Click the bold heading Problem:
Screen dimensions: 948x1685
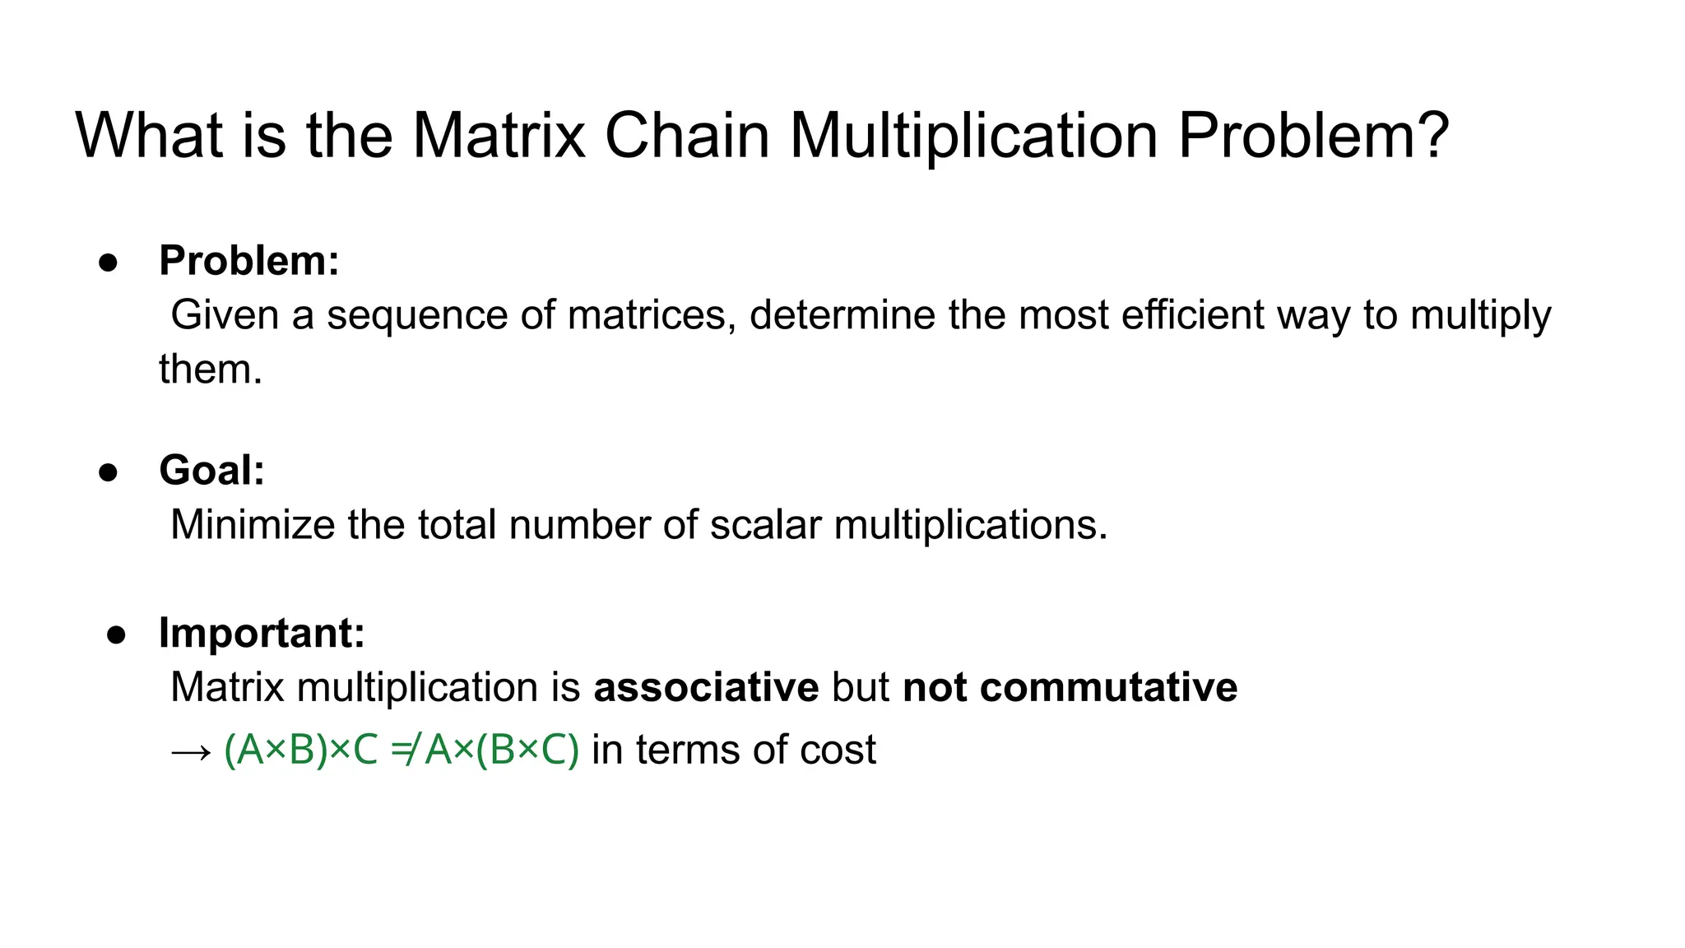248,261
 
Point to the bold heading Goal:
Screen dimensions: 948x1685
211,471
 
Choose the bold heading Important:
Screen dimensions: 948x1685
262,633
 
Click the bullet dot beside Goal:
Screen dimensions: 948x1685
108,472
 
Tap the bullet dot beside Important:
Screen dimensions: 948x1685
116,634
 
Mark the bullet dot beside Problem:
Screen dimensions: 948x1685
108,263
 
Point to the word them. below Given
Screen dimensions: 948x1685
211,369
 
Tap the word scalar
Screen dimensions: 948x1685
765,525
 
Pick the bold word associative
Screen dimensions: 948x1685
706,687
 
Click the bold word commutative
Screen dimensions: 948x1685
1108,687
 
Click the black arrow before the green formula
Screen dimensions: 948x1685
191,751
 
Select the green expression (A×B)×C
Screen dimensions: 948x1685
300,750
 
